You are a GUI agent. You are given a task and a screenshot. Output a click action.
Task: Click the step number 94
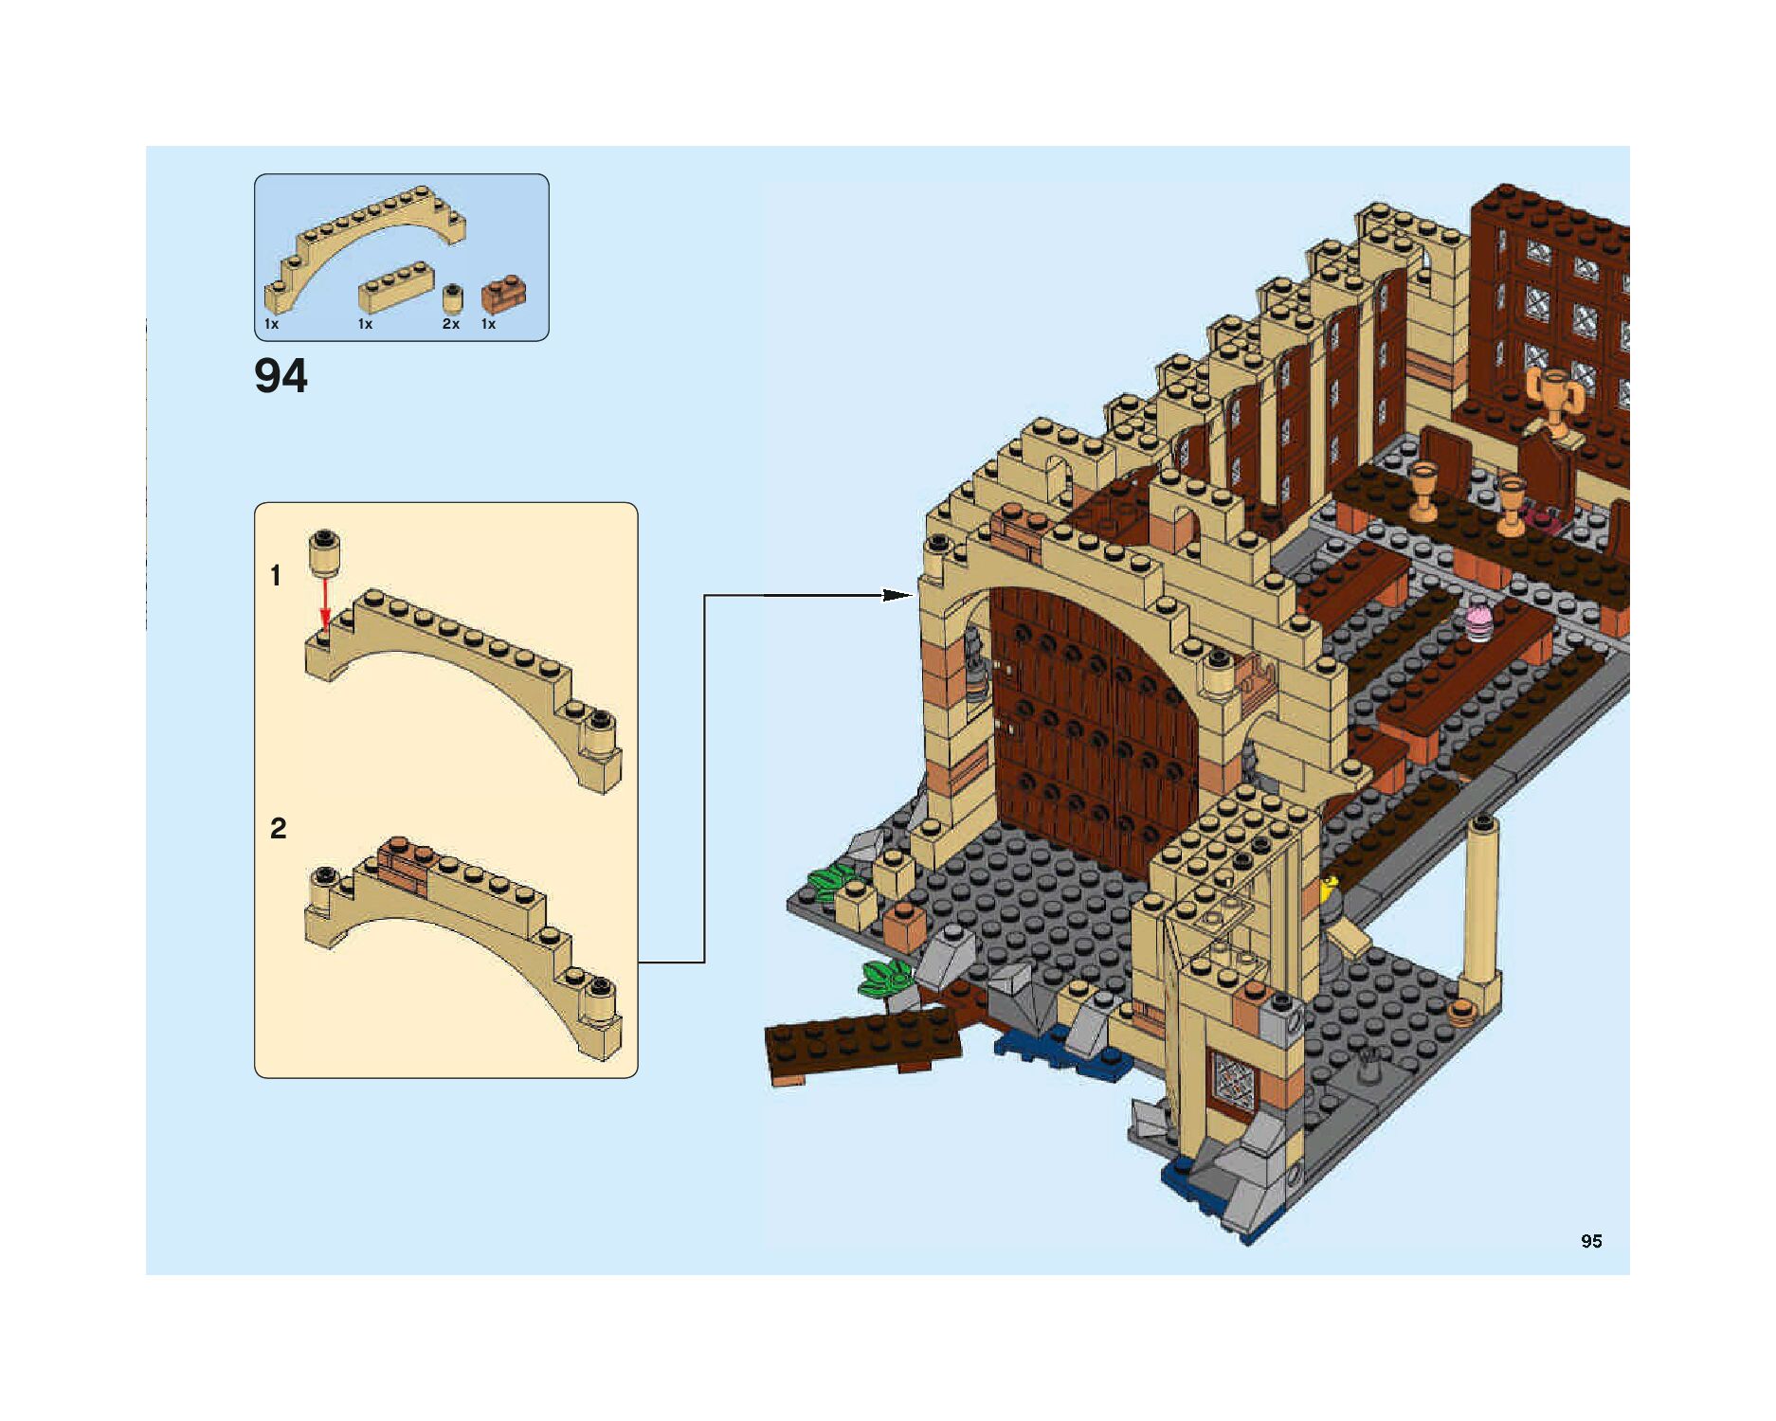coord(281,376)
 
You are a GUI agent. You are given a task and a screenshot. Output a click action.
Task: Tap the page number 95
coord(1591,1241)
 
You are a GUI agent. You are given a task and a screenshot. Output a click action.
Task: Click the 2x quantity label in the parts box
coord(451,324)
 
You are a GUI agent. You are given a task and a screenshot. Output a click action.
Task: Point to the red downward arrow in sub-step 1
coord(325,603)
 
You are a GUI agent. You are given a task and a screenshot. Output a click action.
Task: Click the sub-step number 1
coord(276,576)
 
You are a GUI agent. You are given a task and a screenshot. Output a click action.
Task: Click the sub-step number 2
coord(278,829)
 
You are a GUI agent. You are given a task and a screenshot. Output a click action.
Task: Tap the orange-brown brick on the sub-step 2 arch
coord(403,863)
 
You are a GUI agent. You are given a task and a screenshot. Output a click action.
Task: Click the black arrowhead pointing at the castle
coord(896,595)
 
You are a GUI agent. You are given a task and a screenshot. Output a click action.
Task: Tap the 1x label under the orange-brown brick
coord(488,324)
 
